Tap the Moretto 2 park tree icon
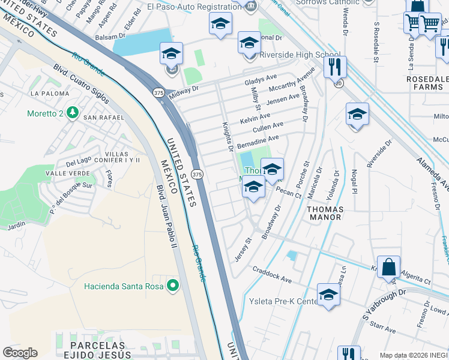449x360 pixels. (x=73, y=112)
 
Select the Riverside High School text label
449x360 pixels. (x=300, y=55)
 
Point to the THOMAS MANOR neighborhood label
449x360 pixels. (x=325, y=213)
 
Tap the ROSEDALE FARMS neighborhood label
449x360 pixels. (x=427, y=83)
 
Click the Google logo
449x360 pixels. (x=20, y=353)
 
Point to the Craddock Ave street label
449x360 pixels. (x=271, y=276)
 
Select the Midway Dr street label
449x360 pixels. (x=183, y=90)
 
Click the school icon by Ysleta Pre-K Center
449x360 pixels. (x=328, y=293)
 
